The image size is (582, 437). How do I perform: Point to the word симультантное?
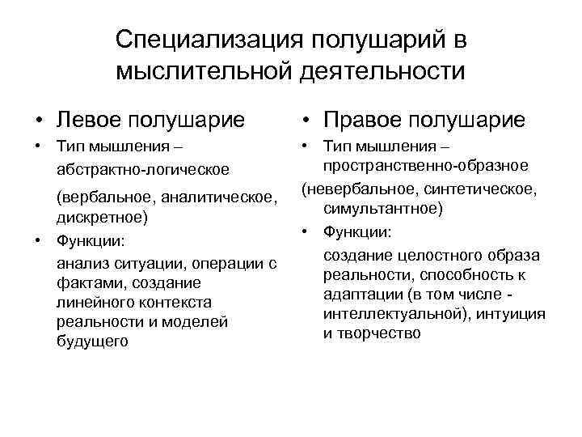(x=382, y=209)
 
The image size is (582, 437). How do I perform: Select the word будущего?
(x=93, y=342)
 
